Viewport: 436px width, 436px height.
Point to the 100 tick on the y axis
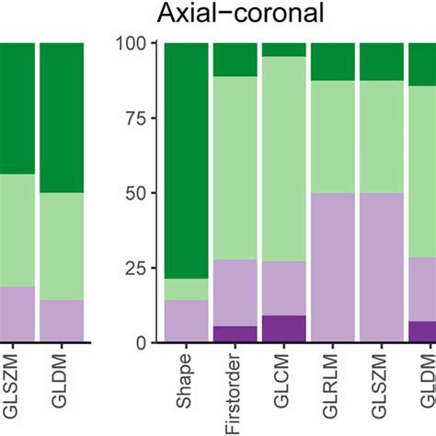137,43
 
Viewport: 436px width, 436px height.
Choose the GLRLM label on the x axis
332,376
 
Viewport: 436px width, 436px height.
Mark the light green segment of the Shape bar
187,289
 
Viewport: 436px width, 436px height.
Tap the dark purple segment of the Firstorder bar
235,334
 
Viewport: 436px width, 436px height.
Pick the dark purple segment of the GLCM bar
283,328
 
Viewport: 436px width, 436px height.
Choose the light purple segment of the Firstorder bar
235,293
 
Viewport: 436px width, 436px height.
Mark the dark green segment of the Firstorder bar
235,60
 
